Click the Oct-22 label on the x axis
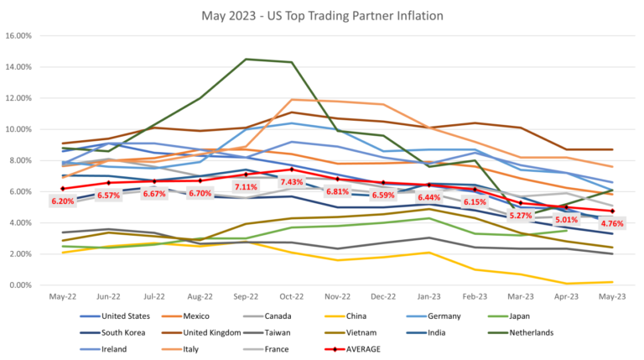pyautogui.click(x=291, y=297)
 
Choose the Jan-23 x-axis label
pyautogui.click(x=429, y=297)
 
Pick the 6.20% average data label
pyautogui.click(x=64, y=201)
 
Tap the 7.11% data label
pyautogui.click(x=246, y=187)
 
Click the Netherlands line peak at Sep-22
pyautogui.click(x=245, y=60)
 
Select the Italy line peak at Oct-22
pyautogui.click(x=291, y=100)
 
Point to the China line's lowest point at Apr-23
pyautogui.click(x=568, y=284)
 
